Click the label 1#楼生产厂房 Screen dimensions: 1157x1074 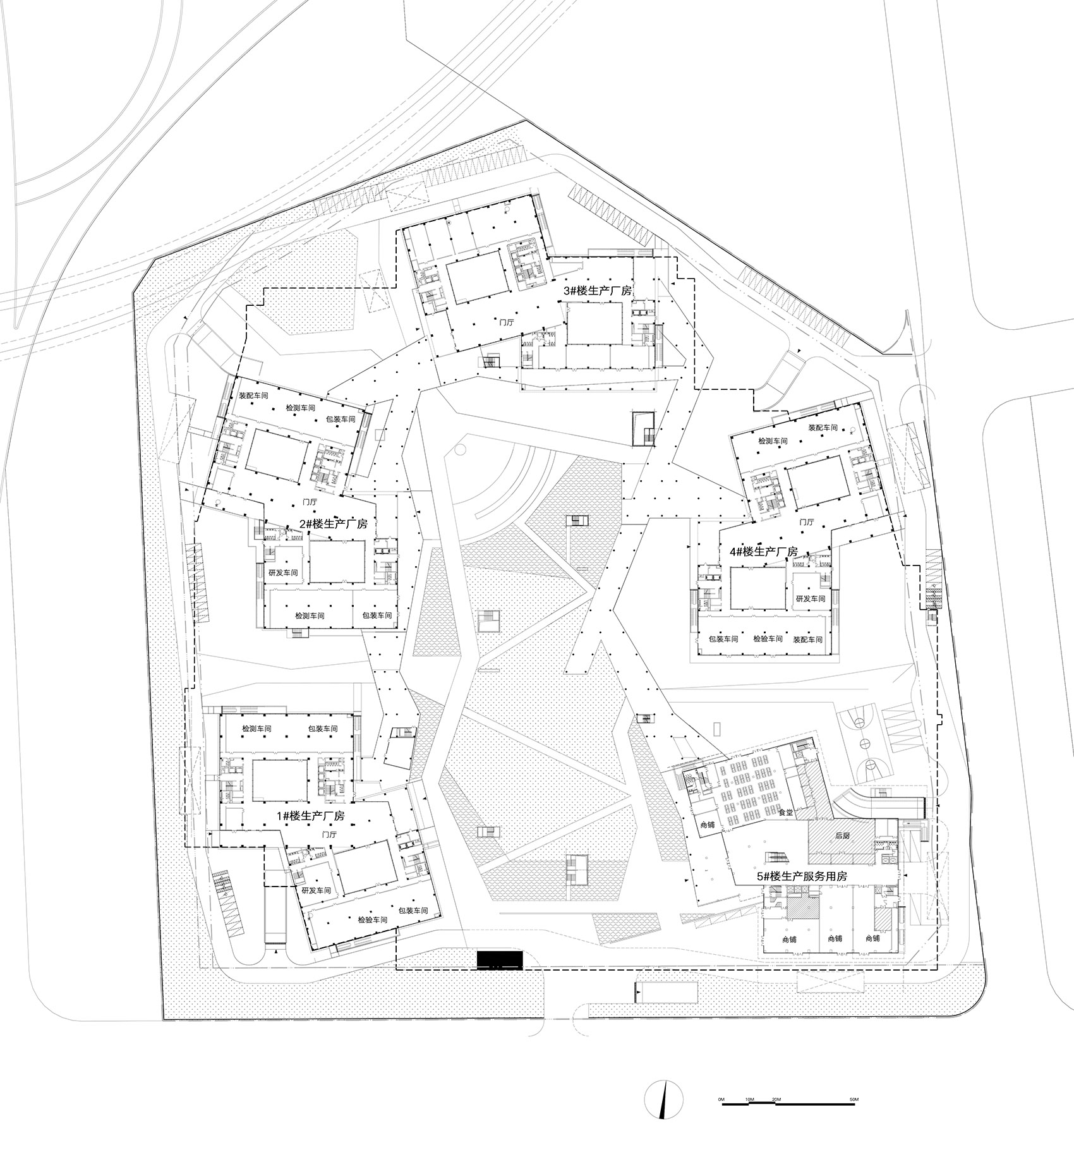click(x=310, y=816)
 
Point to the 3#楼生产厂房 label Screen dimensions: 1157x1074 click(x=598, y=291)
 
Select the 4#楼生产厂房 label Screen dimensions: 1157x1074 click(x=763, y=551)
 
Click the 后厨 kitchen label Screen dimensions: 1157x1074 click(x=843, y=835)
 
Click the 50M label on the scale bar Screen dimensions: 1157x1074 click(x=854, y=1100)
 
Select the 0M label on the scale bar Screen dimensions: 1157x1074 click(x=721, y=1100)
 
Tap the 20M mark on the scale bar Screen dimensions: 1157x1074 click(x=776, y=1100)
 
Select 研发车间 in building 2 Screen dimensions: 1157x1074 click(x=283, y=573)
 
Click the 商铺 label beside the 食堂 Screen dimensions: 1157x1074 click(x=707, y=825)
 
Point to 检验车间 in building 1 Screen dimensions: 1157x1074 click(x=372, y=920)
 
